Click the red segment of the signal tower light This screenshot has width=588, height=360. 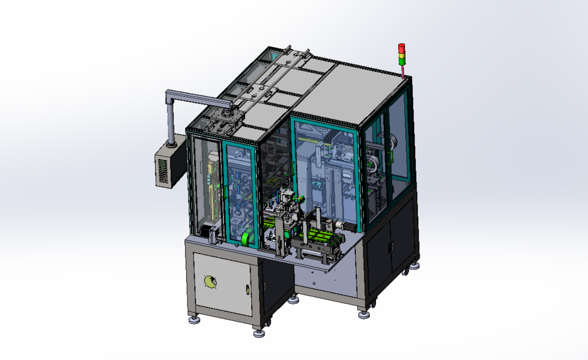coord(402,47)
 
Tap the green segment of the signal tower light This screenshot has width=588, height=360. coord(402,61)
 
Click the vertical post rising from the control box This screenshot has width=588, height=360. coord(170,119)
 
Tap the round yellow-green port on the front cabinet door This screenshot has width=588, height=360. coord(210,282)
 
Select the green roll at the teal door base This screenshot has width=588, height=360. coord(247,238)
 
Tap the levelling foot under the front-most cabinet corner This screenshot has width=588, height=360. coord(258,332)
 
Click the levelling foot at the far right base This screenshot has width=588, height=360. coord(417,264)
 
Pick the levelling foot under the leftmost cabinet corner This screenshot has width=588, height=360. coord(194,319)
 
